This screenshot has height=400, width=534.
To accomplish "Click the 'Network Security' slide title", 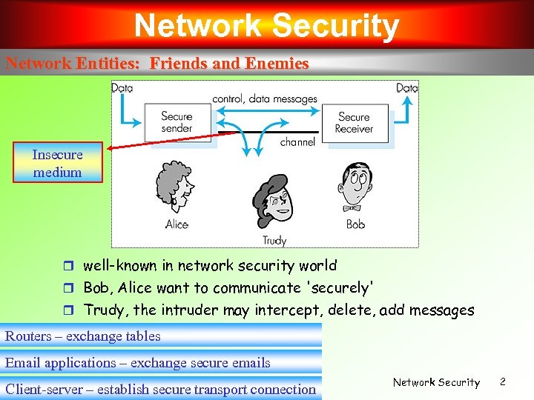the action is (x=266, y=26).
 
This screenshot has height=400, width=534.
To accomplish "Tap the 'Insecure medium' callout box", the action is (x=57, y=162).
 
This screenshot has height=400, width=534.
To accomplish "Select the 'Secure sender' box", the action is (x=177, y=122).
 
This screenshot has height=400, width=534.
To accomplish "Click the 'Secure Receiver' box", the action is (x=354, y=122).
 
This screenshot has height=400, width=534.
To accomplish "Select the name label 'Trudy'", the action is (x=274, y=241).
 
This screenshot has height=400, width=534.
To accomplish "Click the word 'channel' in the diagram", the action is (x=297, y=142).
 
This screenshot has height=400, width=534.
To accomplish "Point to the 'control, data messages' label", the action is (x=265, y=99).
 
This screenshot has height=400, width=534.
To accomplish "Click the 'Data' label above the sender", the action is (x=122, y=88).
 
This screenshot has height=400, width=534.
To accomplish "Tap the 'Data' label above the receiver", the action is (x=407, y=88).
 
